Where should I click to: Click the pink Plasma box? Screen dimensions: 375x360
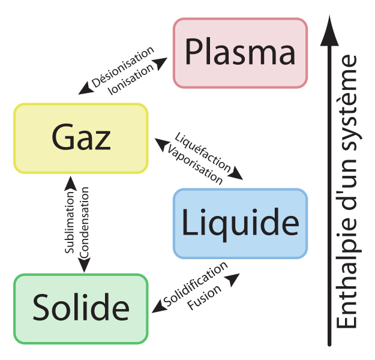(x=241, y=53)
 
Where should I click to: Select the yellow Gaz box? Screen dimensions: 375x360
(x=81, y=138)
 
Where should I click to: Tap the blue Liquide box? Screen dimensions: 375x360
(x=241, y=224)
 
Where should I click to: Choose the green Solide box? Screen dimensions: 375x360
(x=81, y=309)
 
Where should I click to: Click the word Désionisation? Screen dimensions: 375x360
(x=122, y=67)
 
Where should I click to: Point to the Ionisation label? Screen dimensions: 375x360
(x=131, y=80)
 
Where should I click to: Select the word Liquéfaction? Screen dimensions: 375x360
(x=203, y=152)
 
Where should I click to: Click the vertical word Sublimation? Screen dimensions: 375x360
(x=70, y=222)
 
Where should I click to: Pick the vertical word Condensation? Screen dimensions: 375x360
(x=84, y=223)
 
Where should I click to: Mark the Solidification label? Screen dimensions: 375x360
(x=196, y=284)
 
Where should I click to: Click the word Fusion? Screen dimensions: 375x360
(x=204, y=298)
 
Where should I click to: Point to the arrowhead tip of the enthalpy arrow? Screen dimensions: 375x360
(x=329, y=16)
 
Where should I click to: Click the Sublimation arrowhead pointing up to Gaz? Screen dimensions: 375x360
(x=71, y=183)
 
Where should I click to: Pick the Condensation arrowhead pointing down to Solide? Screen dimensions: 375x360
(x=84, y=265)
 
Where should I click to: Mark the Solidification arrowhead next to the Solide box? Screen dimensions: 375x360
(x=159, y=307)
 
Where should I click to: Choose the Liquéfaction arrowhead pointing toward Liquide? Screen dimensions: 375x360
(x=236, y=173)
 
